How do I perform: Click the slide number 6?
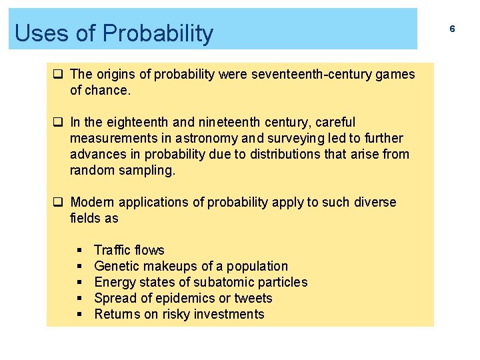coord(452,29)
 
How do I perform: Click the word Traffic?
coord(111,250)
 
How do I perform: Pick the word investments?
coord(227,314)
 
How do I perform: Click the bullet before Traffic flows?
coord(79,251)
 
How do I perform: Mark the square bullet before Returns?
coord(79,315)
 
